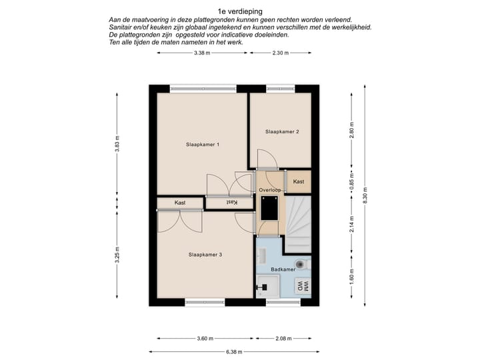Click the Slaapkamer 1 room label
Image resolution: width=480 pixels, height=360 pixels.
coord(203,145)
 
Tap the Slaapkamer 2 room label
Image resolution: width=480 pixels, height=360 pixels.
coord(282,131)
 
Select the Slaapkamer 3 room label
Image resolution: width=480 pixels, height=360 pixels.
coord(205,255)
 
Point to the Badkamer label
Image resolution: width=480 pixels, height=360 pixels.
coord(283,269)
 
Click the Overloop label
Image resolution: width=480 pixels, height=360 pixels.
coord(270,190)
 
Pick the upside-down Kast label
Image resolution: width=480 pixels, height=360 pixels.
coord(232,203)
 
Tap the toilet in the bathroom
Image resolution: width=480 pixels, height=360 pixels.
coord(302,263)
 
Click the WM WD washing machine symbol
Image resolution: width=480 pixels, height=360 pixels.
coord(303,287)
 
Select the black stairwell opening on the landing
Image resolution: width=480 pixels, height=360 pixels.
coord(269,209)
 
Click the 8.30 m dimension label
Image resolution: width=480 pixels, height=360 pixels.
coord(365,195)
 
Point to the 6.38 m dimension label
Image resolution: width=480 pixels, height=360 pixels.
coord(234,352)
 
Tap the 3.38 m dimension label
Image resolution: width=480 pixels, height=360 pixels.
coord(202,53)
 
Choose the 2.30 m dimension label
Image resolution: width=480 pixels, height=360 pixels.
coord(281,53)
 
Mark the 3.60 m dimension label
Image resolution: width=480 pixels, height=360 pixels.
coord(205,338)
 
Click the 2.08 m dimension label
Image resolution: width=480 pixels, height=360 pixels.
coord(283,338)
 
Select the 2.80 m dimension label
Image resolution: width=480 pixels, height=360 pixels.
coord(351,130)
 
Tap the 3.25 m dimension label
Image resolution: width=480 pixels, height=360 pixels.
coord(117,255)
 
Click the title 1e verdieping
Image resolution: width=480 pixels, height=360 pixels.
coord(240,11)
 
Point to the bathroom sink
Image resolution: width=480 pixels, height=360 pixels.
coord(262,255)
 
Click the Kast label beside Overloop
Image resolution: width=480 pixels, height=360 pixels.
coord(299,181)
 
